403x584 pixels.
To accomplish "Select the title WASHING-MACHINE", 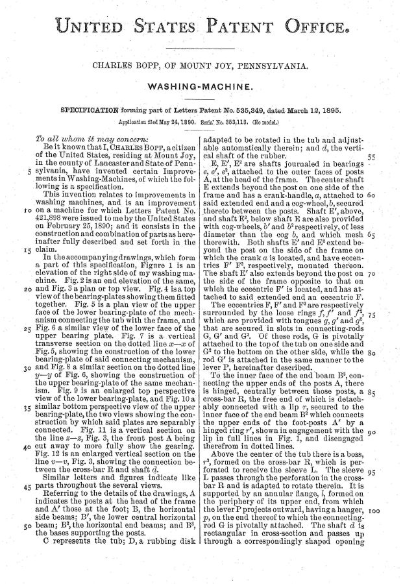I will click(x=201, y=86).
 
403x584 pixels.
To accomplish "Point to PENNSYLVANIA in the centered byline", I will click(x=277, y=66).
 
